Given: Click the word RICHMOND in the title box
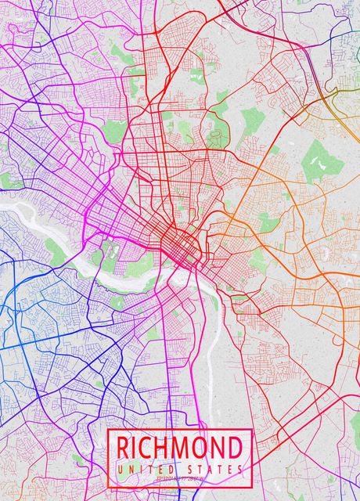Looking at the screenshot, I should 179,449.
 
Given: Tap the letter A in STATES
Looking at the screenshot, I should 212,468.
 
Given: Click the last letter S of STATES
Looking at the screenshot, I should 239,468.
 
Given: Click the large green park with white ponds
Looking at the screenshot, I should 321,160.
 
